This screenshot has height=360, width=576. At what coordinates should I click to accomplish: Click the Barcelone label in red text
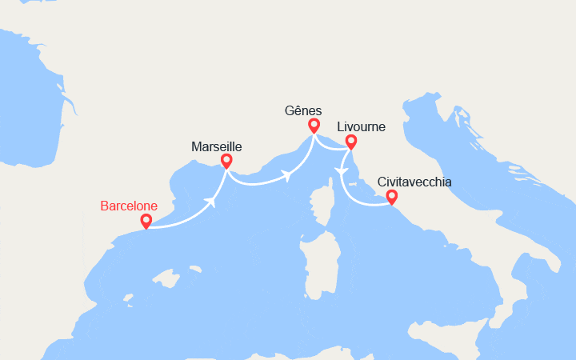coord(129,206)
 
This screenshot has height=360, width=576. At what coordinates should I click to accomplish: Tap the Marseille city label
coord(216,146)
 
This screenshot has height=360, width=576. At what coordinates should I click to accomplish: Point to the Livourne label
coord(361,126)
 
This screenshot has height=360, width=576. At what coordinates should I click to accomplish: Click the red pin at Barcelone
coord(146,220)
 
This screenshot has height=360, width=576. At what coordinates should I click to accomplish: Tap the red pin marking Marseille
coord(226,160)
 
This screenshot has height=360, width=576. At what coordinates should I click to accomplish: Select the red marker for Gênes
coord(314,125)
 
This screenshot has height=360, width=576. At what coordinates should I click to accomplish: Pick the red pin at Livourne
coord(350,142)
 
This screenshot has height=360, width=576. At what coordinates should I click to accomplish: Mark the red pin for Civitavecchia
coord(391,196)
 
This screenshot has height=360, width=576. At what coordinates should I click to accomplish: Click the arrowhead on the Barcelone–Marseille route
coord(213,201)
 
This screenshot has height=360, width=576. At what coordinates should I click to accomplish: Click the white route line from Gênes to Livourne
coord(332,144)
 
